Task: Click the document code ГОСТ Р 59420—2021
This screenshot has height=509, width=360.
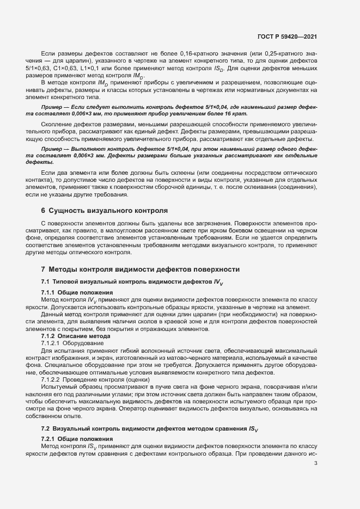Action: pyautogui.click(x=287, y=37)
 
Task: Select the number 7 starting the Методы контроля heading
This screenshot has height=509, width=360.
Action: pyautogui.click(x=43, y=269)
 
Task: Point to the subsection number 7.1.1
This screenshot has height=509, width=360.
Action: pyautogui.click(x=50, y=292)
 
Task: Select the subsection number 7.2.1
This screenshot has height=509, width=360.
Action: pyautogui.click(x=50, y=439)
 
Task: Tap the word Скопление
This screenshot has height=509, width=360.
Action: pyautogui.click(x=60, y=125)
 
